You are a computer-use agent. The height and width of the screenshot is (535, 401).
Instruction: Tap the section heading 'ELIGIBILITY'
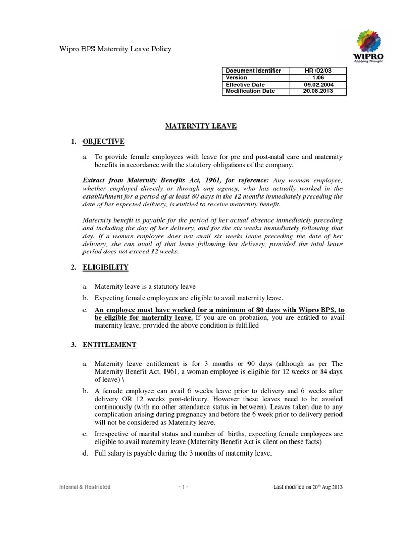(105, 267)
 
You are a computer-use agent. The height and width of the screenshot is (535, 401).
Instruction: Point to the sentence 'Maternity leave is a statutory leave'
(145, 287)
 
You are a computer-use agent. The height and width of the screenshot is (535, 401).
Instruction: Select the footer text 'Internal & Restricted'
(84, 487)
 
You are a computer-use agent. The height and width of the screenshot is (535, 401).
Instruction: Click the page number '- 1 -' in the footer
(183, 487)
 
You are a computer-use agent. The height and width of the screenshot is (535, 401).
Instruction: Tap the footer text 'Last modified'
(289, 487)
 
